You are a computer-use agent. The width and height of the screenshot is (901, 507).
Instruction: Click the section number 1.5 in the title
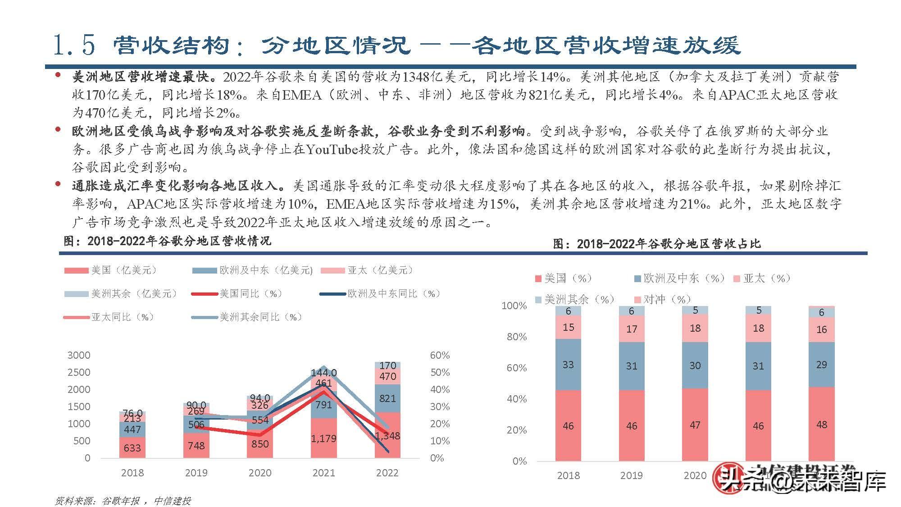click(74, 45)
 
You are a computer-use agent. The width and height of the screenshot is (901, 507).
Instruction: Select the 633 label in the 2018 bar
click(132, 448)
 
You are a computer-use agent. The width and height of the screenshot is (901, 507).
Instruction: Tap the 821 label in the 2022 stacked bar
click(387, 398)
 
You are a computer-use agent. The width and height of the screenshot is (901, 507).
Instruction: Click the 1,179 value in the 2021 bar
click(323, 438)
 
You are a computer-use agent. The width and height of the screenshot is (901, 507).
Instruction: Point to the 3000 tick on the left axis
click(79, 355)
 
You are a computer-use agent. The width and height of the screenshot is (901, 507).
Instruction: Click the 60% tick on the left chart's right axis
click(440, 355)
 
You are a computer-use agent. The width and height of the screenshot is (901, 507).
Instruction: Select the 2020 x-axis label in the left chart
click(260, 473)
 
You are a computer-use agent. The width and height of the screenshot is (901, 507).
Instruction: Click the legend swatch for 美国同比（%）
click(205, 294)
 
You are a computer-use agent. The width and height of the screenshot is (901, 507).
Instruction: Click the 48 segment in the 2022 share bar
click(821, 425)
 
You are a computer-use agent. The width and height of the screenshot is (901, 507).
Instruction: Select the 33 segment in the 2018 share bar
click(568, 364)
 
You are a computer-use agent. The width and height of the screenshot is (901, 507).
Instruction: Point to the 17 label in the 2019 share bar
click(632, 329)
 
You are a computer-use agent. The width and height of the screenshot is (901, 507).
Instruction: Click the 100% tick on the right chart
click(514, 306)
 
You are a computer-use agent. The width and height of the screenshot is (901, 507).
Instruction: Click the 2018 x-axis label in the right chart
click(568, 475)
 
